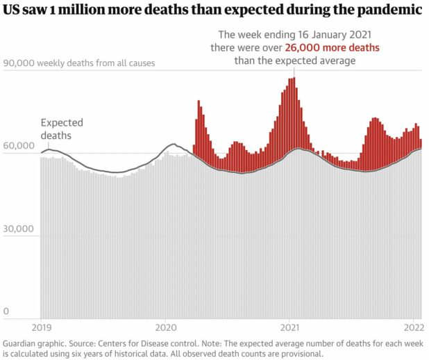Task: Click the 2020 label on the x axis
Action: (x=165, y=326)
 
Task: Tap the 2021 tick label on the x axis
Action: (x=290, y=326)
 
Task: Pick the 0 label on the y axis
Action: (x=6, y=312)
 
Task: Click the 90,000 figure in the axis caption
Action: (x=19, y=63)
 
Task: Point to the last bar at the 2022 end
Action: (x=420, y=208)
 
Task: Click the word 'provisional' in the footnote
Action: (x=301, y=354)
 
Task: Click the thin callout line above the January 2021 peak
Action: (x=292, y=72)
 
